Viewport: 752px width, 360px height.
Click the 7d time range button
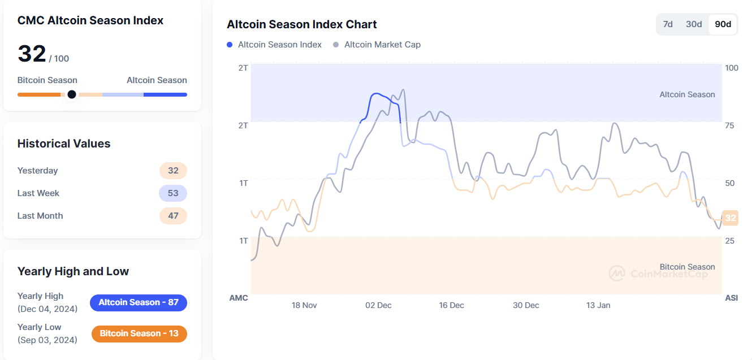click(668, 24)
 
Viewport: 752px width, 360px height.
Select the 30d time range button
click(694, 24)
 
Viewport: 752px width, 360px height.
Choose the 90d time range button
click(723, 24)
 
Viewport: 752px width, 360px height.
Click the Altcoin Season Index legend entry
click(275, 45)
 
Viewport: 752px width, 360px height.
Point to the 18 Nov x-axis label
click(304, 305)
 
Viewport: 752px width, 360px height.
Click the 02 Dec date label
click(378, 305)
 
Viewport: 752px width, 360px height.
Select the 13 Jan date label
click(598, 305)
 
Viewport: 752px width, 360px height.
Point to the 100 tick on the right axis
click(732, 68)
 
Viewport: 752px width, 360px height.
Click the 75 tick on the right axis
click(729, 125)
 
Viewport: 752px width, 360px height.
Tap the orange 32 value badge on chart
click(731, 218)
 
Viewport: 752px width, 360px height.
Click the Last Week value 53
click(173, 193)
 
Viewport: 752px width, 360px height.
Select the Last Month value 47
click(173, 216)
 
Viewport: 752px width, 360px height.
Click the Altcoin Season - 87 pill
click(139, 302)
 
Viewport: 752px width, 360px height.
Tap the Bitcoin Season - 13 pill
click(139, 333)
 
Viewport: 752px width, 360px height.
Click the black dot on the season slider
click(72, 94)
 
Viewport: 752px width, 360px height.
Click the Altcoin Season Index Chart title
click(302, 24)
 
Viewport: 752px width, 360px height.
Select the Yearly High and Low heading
click(73, 271)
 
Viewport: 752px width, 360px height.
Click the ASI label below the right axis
click(732, 298)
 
